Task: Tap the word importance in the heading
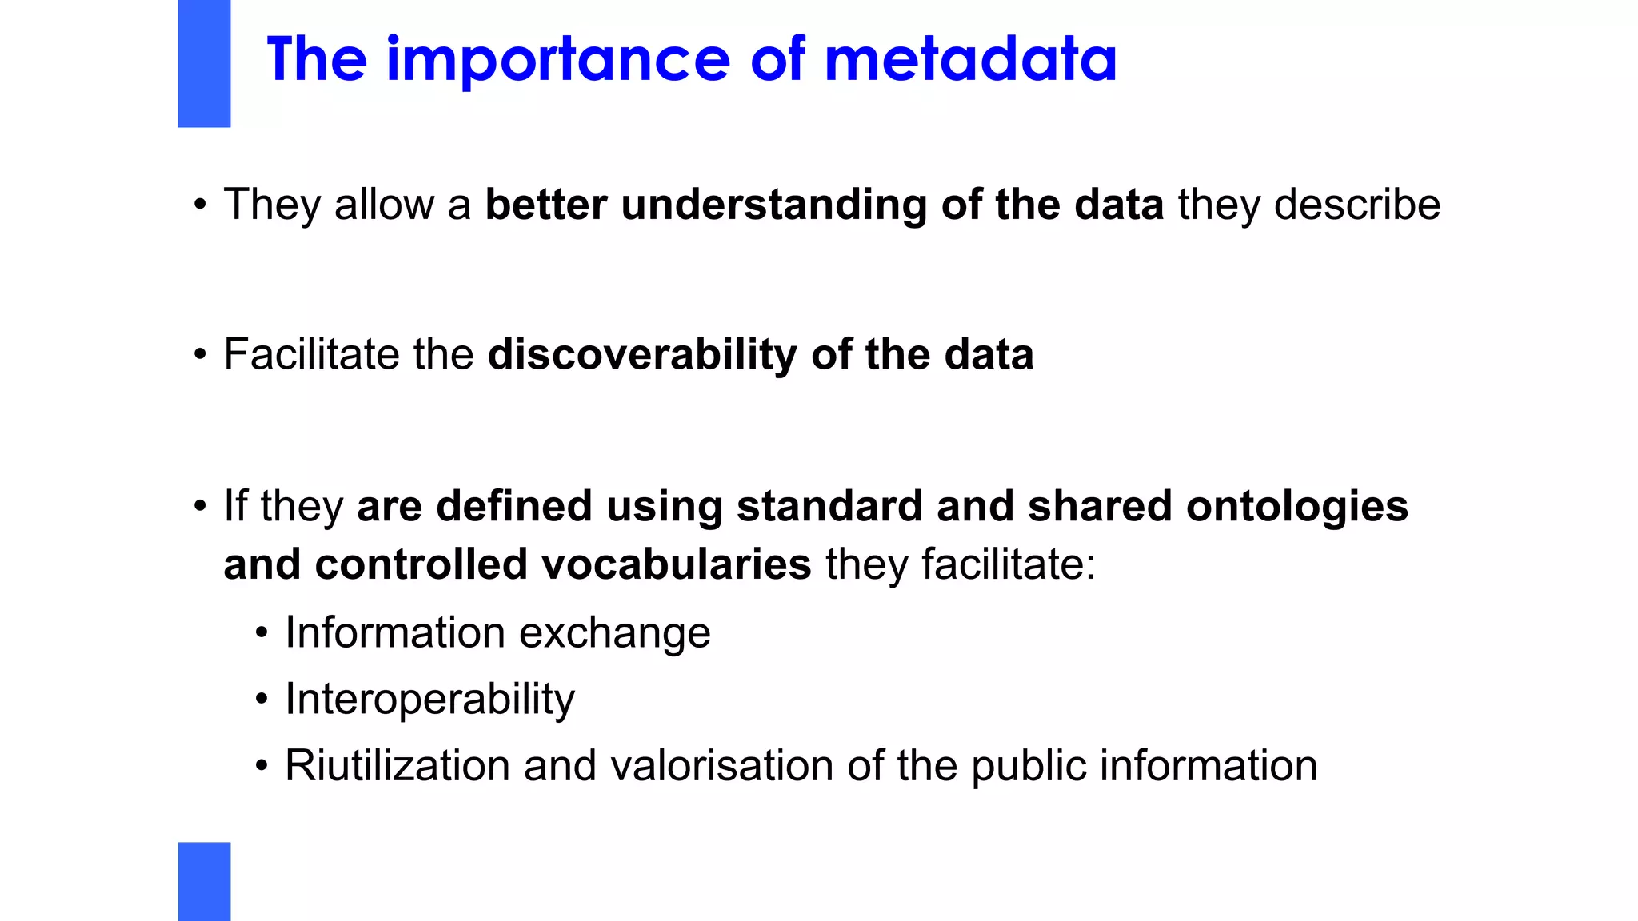point(557,60)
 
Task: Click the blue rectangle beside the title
point(204,64)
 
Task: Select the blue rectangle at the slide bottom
point(204,881)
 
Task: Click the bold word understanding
point(773,205)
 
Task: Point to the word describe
point(1356,205)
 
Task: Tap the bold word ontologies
point(1296,507)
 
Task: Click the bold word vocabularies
point(677,565)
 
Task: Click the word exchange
point(614,634)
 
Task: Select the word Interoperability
point(429,700)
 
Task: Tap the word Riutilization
point(398,766)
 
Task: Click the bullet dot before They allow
point(200,205)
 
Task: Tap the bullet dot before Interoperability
point(262,700)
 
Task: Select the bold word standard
point(829,507)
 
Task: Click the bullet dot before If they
point(200,506)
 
